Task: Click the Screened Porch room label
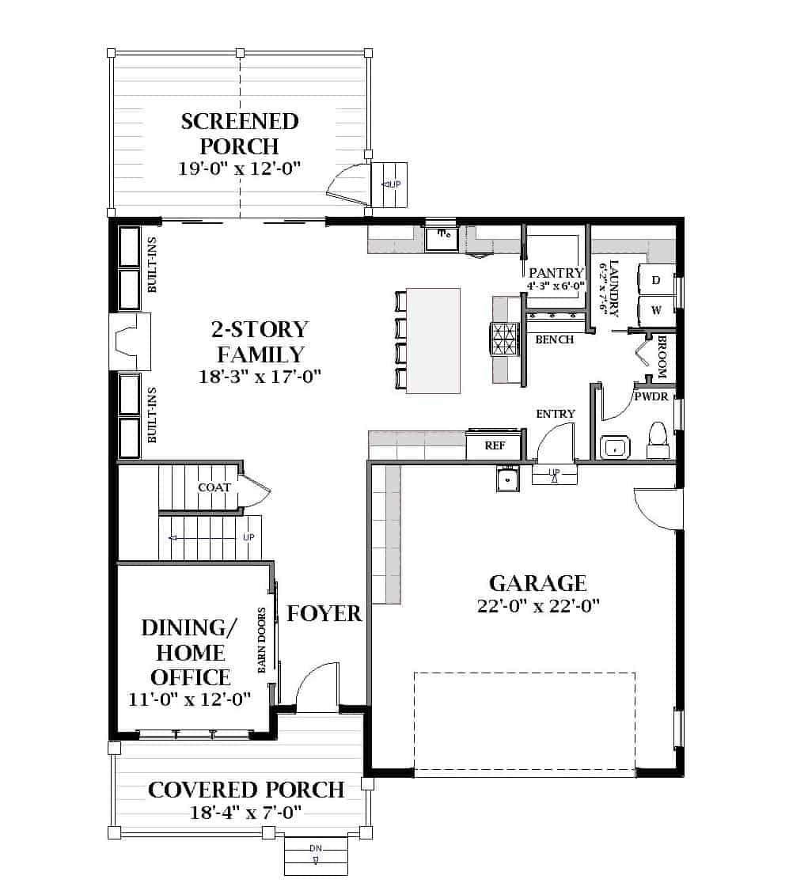(x=240, y=134)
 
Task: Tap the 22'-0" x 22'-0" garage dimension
(x=537, y=606)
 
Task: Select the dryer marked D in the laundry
(x=655, y=281)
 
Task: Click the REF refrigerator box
(x=495, y=445)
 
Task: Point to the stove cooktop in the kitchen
(x=504, y=341)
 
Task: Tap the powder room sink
(x=614, y=447)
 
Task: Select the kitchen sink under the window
(x=442, y=237)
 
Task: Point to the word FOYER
(x=324, y=613)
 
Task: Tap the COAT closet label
(x=214, y=487)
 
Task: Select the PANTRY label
(x=556, y=273)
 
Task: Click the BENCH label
(x=554, y=339)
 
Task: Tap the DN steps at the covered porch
(x=316, y=854)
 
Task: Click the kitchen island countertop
(x=432, y=340)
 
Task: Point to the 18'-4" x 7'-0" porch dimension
(x=246, y=813)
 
